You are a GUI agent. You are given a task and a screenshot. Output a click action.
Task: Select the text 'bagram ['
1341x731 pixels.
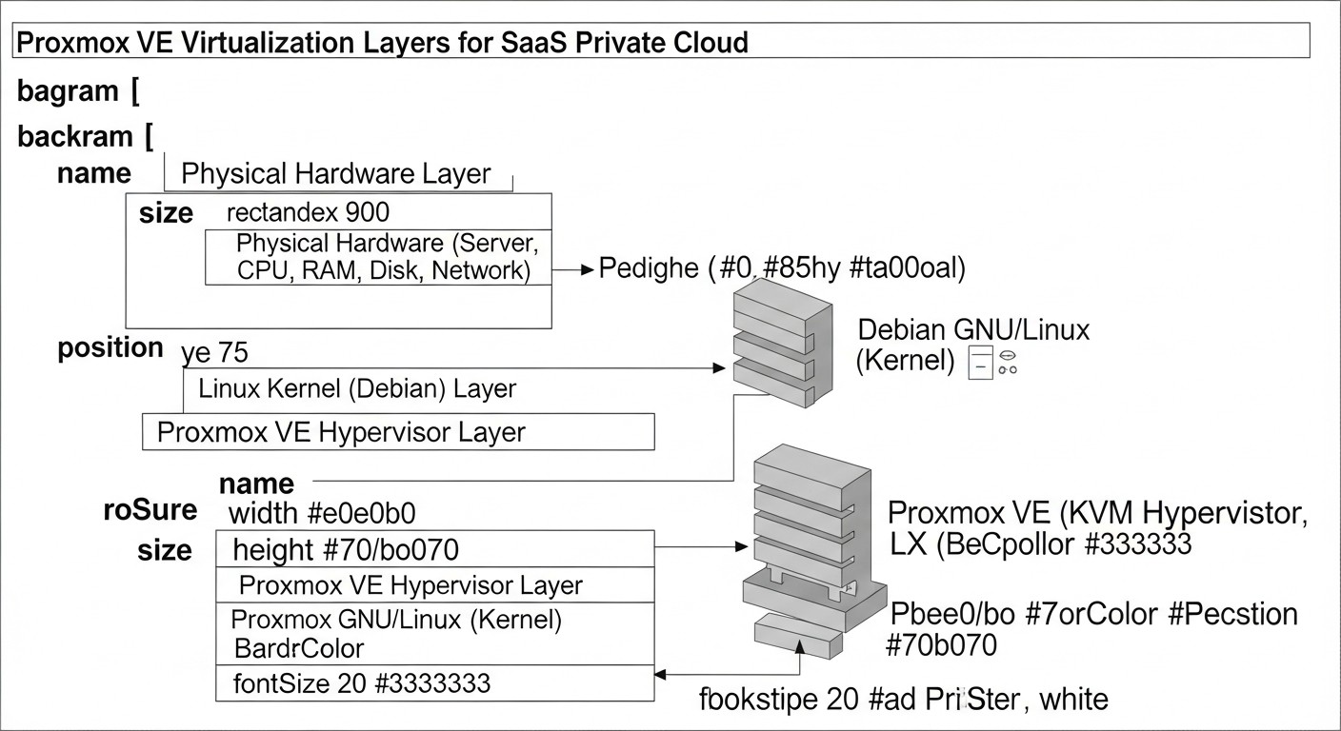[x=79, y=92]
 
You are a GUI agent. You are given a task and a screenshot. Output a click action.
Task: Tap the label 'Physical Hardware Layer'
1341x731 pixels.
[x=335, y=174]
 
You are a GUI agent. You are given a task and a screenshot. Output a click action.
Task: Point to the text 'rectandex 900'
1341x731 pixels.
[x=308, y=211]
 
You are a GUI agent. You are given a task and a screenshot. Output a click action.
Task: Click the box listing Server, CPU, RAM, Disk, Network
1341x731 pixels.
[x=379, y=257]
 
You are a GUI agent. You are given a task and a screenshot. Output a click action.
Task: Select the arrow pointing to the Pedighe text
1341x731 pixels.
[x=573, y=270]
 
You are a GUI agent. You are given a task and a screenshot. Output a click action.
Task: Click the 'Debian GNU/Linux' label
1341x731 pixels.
[x=973, y=330]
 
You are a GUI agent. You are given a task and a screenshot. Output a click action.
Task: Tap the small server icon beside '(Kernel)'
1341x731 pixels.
[x=980, y=364]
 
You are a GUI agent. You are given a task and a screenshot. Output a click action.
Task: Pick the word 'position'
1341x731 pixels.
[x=110, y=348]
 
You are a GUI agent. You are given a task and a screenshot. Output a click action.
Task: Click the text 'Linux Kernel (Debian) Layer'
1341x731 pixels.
[x=356, y=389]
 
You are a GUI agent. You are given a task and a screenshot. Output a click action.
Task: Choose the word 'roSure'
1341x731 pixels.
[x=150, y=510]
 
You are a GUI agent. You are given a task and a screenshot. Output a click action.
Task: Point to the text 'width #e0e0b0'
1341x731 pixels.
[x=322, y=514]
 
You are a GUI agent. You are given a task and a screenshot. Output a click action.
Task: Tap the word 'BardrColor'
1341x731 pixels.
[x=299, y=649]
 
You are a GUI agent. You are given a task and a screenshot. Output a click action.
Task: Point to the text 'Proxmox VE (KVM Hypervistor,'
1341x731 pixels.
[x=1096, y=514]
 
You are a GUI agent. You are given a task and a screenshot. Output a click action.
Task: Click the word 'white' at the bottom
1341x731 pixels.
[x=1073, y=701]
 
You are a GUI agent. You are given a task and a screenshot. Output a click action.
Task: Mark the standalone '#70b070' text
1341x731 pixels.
[x=941, y=646]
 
